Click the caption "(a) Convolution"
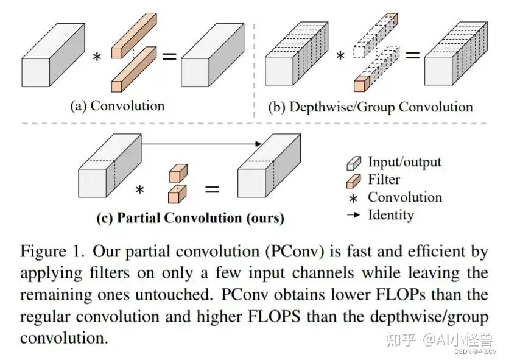118,106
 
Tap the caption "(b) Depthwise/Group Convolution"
370,107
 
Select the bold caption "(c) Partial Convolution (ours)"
191,218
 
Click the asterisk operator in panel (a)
97,57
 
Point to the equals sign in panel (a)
169,57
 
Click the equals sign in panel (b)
412,55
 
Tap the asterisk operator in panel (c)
139,189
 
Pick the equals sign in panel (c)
212,189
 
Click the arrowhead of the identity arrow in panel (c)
258,144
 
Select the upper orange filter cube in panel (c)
178,174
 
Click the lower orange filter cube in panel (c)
177,194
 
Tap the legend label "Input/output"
404,162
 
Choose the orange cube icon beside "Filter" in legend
353,181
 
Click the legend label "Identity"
391,215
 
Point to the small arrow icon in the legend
353,214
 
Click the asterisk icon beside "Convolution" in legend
353,199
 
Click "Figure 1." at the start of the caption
52,251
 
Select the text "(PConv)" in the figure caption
295,252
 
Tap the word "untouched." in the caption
174,294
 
